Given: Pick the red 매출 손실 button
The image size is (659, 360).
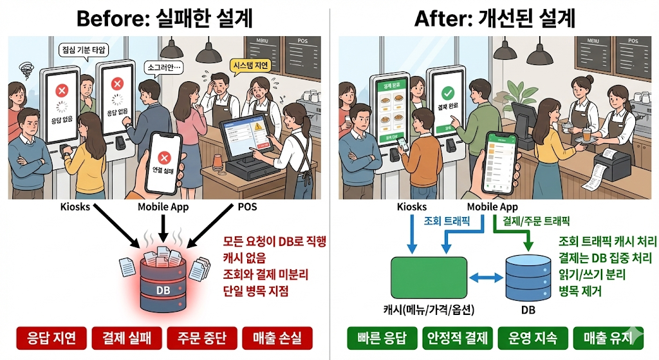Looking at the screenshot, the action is [277, 337].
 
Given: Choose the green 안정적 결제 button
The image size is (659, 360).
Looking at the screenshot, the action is [458, 337].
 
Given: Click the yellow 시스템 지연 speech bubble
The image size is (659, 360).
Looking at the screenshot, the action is [248, 65].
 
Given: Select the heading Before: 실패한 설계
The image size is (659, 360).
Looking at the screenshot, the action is [164, 18].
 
